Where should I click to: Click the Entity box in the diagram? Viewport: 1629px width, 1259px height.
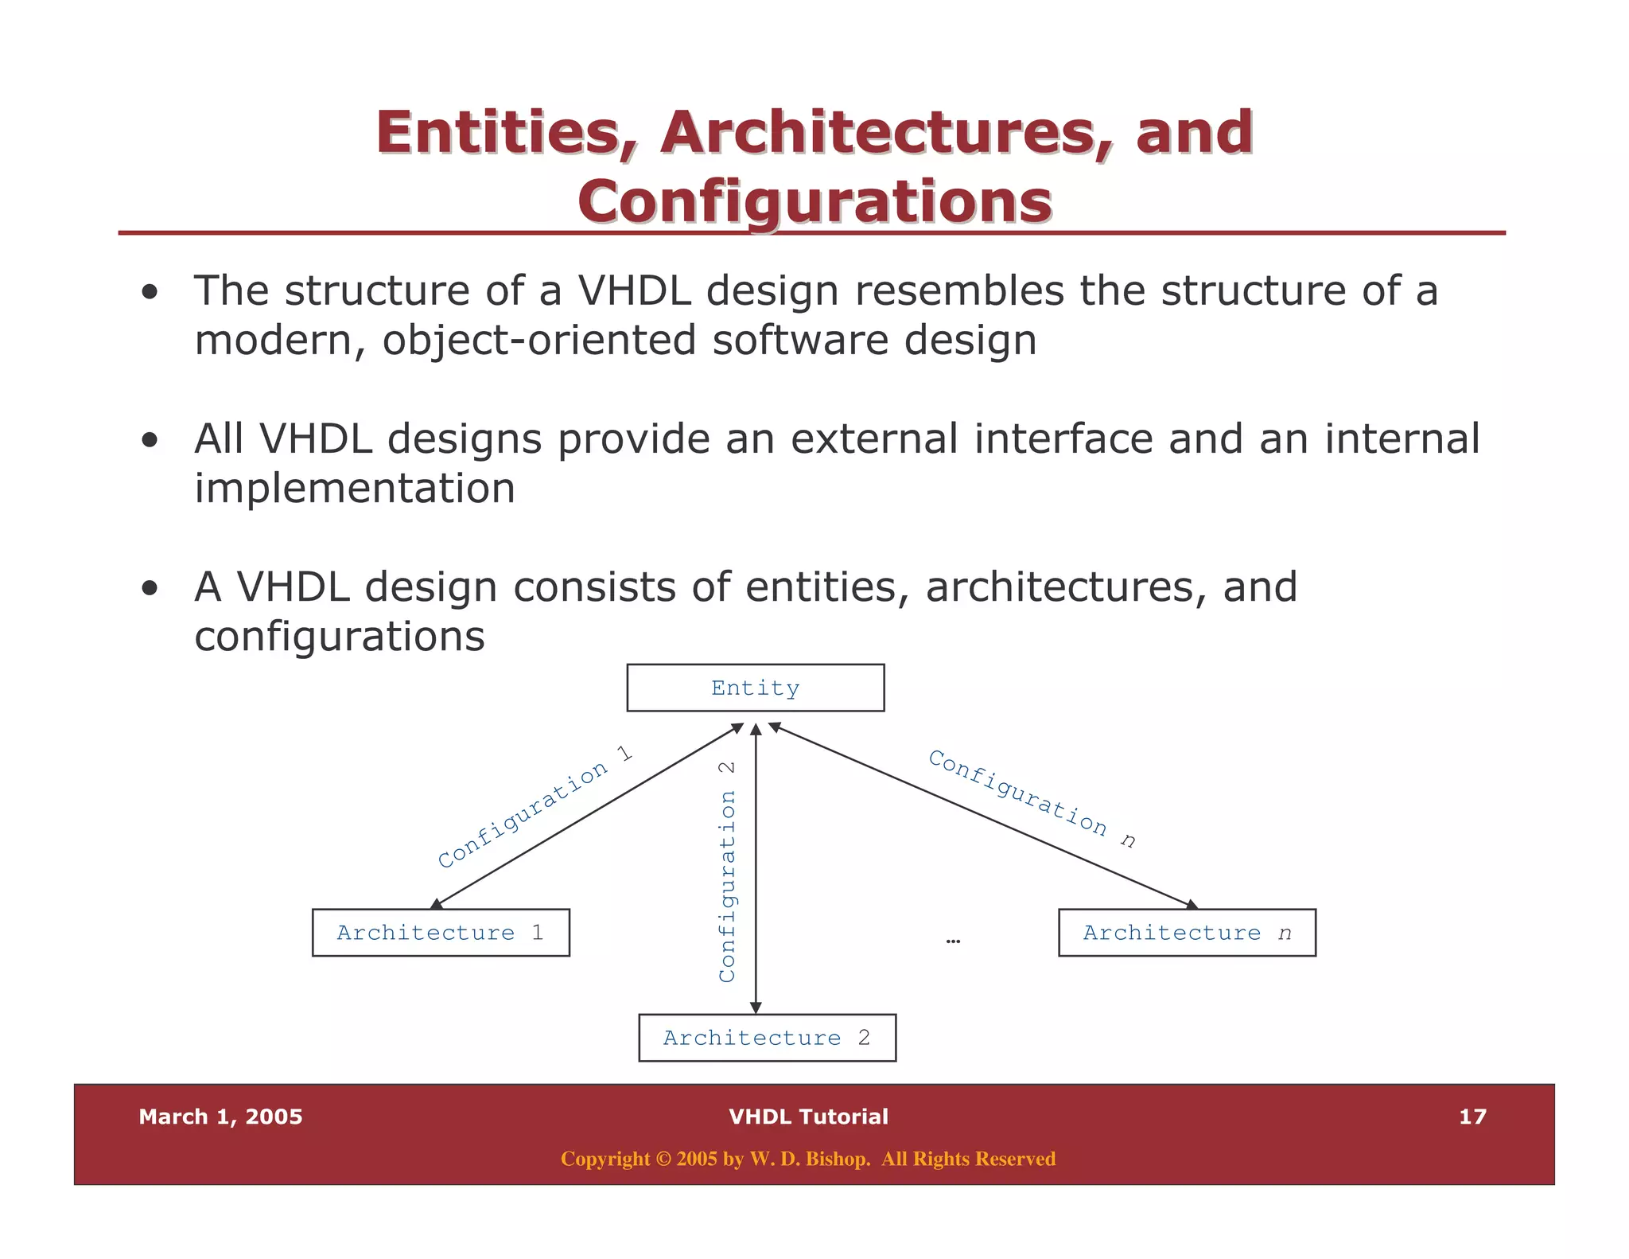[x=755, y=688]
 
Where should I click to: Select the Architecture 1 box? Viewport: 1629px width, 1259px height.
[x=441, y=932]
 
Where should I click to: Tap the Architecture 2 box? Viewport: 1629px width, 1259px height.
[x=767, y=1037]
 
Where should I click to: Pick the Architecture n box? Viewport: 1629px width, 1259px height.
[x=1186, y=932]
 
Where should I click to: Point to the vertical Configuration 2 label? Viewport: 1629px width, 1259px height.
[x=727, y=871]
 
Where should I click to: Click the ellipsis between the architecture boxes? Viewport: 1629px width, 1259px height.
[x=953, y=941]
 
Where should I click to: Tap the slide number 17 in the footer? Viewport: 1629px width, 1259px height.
[x=1472, y=1117]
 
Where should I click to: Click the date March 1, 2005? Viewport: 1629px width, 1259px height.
[x=220, y=1117]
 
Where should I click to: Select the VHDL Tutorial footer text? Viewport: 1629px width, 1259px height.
[x=808, y=1117]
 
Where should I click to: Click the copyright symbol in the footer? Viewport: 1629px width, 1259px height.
[x=663, y=1159]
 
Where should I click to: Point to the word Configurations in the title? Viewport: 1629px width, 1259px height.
[x=814, y=201]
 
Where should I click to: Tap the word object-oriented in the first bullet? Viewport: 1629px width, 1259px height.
[x=539, y=341]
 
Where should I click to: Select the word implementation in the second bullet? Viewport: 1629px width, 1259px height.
[x=355, y=489]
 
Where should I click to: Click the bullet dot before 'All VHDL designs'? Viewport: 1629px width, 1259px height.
[x=150, y=441]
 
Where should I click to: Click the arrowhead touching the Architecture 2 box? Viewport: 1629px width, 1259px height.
[x=756, y=1008]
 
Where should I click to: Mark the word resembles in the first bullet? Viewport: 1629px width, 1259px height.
[x=958, y=290]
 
